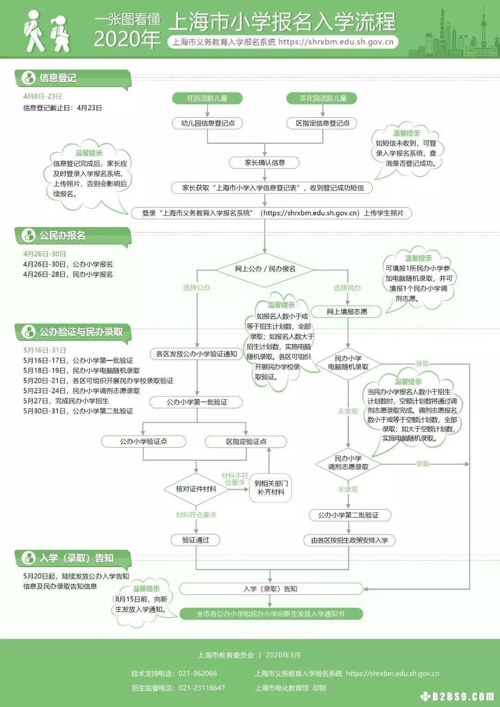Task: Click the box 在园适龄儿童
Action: point(207,98)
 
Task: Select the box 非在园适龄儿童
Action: point(322,98)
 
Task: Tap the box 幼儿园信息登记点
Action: point(207,123)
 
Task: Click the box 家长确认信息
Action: point(264,163)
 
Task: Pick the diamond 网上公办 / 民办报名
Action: point(265,269)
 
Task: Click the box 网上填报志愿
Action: point(347,312)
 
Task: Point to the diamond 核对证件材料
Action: point(196,489)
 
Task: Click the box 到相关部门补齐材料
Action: point(271,488)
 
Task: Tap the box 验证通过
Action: point(195,540)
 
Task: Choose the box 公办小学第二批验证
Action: point(348,515)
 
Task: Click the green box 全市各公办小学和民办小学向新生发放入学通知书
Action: point(271,613)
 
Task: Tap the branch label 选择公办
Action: point(196,288)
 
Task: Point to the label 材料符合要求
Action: point(196,515)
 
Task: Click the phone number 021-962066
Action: point(198,673)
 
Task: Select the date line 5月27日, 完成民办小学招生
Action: point(66,401)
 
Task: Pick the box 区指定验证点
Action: point(246,442)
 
